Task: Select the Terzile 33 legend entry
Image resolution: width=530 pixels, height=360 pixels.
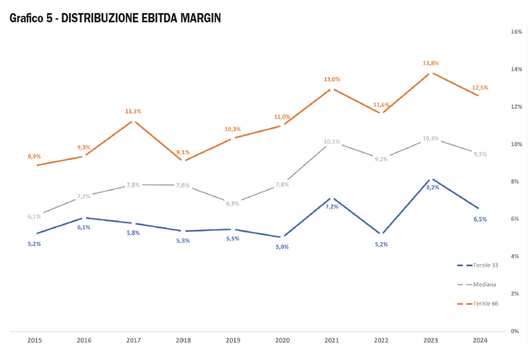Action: click(x=485, y=265)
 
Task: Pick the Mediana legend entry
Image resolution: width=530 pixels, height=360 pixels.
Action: click(x=484, y=284)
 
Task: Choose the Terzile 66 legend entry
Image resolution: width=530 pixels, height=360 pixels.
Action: click(x=485, y=303)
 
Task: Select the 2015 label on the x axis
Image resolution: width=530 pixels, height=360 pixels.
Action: click(x=34, y=340)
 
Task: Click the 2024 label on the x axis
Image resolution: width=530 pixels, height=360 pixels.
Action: click(x=479, y=340)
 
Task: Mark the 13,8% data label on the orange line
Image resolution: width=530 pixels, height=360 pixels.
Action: click(x=431, y=63)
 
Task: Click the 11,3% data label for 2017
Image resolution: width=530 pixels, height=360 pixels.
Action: click(x=133, y=111)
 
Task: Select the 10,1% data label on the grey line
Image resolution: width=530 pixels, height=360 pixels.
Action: click(x=332, y=142)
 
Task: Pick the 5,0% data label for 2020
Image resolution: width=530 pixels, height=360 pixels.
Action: click(x=282, y=247)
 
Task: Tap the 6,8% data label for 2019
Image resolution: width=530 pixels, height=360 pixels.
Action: click(x=233, y=203)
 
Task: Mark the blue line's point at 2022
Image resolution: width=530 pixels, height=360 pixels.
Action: click(x=382, y=234)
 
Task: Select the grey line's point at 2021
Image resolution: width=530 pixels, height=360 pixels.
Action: click(x=332, y=146)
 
